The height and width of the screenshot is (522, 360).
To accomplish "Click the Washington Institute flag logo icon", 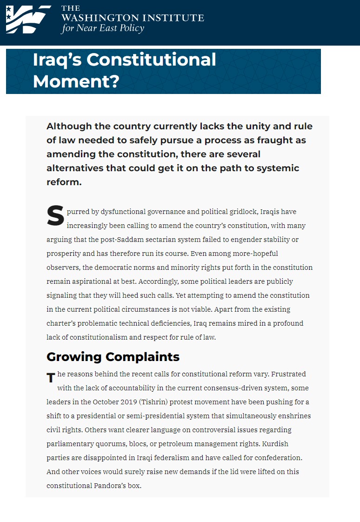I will tap(27, 19).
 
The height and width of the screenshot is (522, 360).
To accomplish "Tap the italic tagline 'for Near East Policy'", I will tap(102, 28).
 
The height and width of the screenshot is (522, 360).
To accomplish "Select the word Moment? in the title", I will tap(76, 81).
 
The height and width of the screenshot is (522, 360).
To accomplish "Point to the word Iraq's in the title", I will tap(57, 60).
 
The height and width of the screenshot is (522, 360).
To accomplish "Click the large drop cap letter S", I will tap(55, 216).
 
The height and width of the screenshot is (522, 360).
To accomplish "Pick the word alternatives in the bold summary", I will tap(75, 168).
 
